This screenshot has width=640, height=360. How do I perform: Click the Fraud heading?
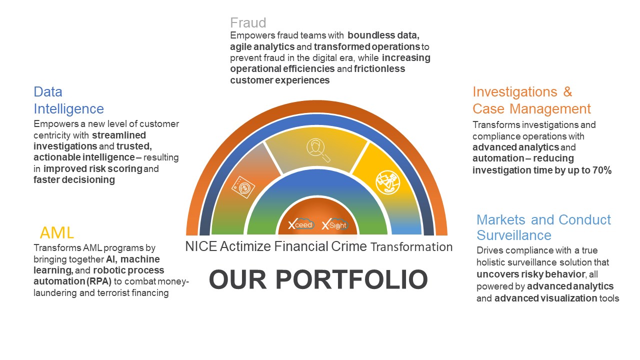click(x=248, y=23)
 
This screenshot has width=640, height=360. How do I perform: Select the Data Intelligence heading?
click(x=68, y=100)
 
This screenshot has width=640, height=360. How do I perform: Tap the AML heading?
click(x=57, y=232)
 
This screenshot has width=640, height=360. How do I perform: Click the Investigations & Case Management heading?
click(x=531, y=100)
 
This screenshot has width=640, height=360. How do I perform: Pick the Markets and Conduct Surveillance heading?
click(x=543, y=227)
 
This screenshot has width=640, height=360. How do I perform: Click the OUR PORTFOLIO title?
click(x=318, y=279)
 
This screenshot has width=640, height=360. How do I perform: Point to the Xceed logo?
click(x=301, y=225)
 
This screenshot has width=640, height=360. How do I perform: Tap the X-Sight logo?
click(x=335, y=224)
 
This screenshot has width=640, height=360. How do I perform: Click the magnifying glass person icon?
click(x=317, y=149)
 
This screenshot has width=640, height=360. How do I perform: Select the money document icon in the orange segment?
click(x=243, y=187)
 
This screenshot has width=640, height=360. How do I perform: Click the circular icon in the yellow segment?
click(x=387, y=182)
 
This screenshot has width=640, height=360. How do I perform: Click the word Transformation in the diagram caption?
click(x=411, y=247)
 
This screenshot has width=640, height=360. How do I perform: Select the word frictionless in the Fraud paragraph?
click(x=379, y=69)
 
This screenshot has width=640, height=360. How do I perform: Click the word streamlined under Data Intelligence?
click(x=119, y=135)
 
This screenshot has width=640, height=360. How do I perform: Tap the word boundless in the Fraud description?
click(x=367, y=35)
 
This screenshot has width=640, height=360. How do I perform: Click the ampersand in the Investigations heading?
click(x=567, y=92)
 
